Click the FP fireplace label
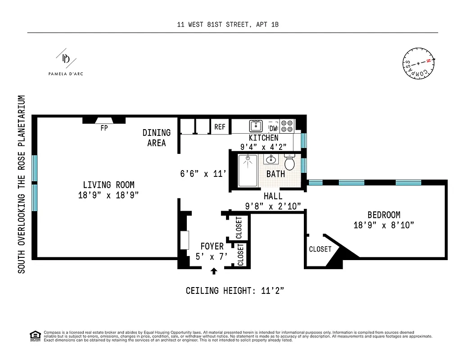pyautogui.click(x=104, y=128)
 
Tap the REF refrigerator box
pyautogui.click(x=220, y=127)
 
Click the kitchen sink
pyautogui.click(x=256, y=126)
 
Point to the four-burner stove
pyautogui.click(x=287, y=126)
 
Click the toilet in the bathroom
pyautogui.click(x=290, y=163)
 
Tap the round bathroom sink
pyautogui.click(x=271, y=159)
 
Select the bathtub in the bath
pyautogui.click(x=248, y=170)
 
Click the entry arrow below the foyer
pyautogui.click(x=214, y=270)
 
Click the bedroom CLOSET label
pyautogui.click(x=320, y=249)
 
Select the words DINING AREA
pyautogui.click(x=157, y=138)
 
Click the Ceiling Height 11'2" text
pyautogui.click(x=235, y=291)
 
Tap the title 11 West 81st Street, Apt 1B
pyautogui.click(x=228, y=25)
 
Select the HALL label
pyautogui.click(x=273, y=196)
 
